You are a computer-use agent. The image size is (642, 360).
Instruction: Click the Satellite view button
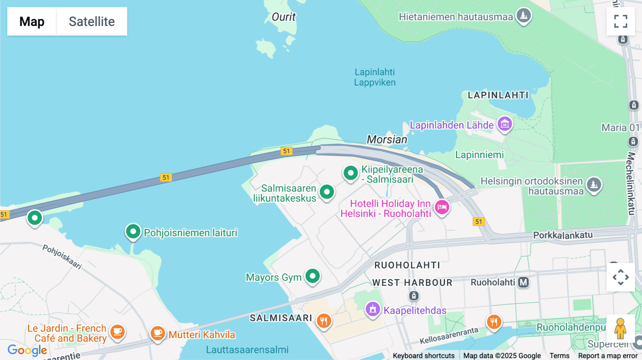coord(92,21)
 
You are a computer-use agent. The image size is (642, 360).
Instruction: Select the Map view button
coord(32,21)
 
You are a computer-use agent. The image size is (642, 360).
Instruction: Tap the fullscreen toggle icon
coord(621,21)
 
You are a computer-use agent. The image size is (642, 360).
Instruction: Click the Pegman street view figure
coord(620,328)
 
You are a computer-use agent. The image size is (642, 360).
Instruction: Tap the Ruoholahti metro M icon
coord(523,282)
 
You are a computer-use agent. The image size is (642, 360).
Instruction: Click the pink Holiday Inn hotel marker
coord(442,207)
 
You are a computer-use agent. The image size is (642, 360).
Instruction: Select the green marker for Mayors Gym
coord(313,276)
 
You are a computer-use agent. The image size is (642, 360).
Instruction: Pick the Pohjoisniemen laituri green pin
coord(133,232)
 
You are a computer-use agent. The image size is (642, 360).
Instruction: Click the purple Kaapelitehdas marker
coord(373,309)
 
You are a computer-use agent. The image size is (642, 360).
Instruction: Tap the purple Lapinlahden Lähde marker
coord(505,124)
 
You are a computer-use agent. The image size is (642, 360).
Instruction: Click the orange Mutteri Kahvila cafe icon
coord(158,333)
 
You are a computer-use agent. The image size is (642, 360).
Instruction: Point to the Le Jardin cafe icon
coord(117,332)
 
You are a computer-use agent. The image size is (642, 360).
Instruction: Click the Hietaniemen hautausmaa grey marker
coord(524,15)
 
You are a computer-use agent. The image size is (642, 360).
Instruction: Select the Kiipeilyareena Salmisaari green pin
coord(351,173)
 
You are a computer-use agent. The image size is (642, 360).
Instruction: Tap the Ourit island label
coord(284,17)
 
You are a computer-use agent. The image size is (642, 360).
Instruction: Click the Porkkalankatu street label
coord(563,235)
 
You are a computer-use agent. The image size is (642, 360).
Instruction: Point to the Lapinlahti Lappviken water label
coord(374,77)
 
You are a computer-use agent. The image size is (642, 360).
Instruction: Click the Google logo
coord(27,350)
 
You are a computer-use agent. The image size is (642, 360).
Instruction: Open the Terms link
coord(559,355)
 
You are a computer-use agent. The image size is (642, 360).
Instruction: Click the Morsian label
coord(387,139)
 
